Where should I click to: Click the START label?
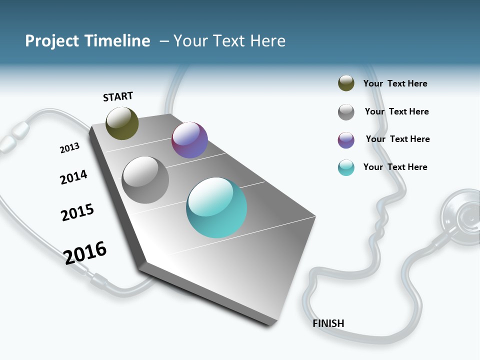(x=118, y=96)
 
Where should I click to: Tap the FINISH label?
(x=328, y=323)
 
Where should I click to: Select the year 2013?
(x=69, y=148)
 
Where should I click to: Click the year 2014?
(x=73, y=177)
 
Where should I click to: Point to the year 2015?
(x=77, y=212)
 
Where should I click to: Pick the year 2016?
(x=85, y=252)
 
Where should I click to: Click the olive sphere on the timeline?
(x=122, y=123)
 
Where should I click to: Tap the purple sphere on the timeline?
(x=189, y=140)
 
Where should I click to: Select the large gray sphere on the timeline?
(x=145, y=180)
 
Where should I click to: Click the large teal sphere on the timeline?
(x=216, y=207)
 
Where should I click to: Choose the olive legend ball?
(x=346, y=83)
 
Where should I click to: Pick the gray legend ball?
(x=346, y=112)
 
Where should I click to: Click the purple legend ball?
(x=346, y=140)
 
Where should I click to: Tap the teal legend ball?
(x=346, y=167)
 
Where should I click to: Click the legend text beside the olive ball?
(x=395, y=83)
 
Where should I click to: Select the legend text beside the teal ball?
(x=395, y=167)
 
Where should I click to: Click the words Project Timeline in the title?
(x=87, y=41)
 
